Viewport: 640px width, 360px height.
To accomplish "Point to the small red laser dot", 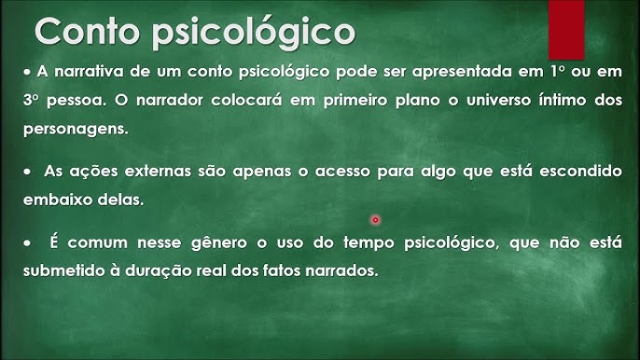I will [375, 220].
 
